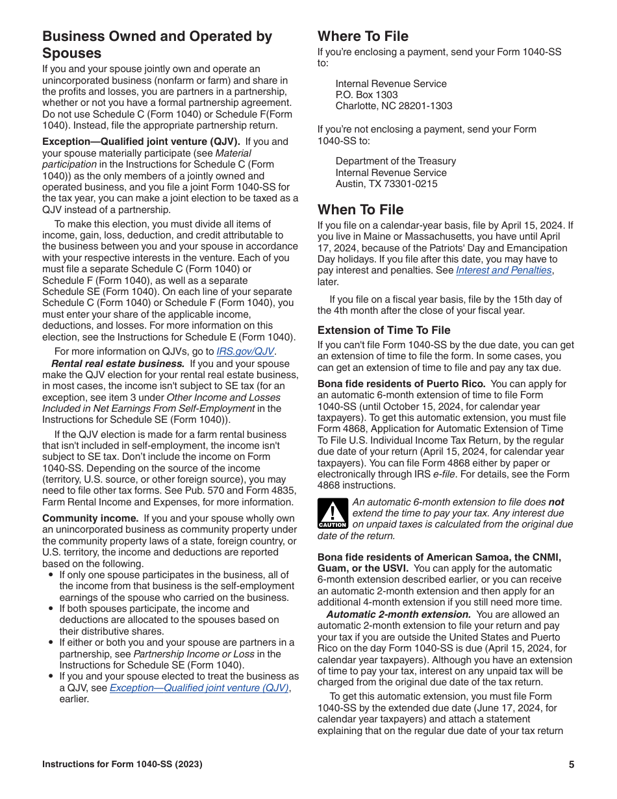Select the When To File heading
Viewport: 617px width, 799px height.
(360, 210)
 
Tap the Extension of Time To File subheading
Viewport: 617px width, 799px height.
(383, 330)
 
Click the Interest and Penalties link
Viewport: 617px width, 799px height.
(503, 271)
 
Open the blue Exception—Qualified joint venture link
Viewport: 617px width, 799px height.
(199, 688)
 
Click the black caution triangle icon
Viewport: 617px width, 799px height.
(333, 513)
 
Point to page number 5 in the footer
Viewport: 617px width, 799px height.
(572, 765)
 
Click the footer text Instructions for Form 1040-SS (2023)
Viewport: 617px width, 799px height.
(122, 765)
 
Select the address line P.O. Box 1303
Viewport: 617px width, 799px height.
(366, 95)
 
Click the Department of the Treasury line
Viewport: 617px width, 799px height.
(396, 161)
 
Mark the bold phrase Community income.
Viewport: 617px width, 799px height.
(90, 518)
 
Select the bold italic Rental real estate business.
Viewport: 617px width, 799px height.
(118, 364)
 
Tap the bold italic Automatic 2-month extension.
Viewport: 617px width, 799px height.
(398, 615)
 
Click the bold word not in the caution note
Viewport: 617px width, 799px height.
(556, 502)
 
